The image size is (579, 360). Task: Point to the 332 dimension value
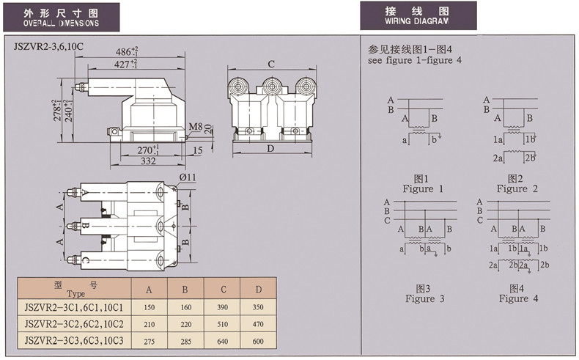tap(150, 161)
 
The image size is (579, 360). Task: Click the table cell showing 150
tap(149, 306)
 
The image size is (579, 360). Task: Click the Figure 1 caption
tap(423, 184)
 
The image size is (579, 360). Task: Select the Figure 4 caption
tap(518, 293)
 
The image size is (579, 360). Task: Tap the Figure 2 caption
tap(517, 184)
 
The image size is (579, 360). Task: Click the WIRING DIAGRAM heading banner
tap(418, 15)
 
